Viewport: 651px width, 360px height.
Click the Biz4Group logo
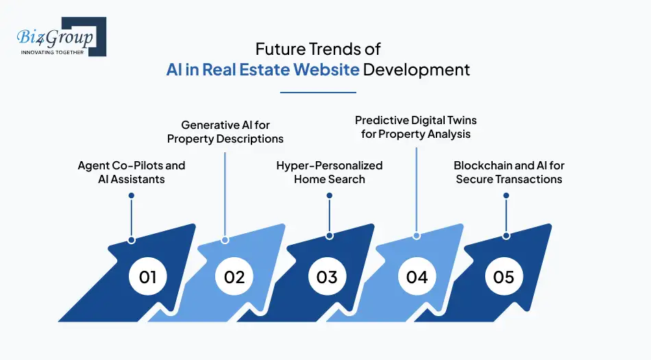(57, 36)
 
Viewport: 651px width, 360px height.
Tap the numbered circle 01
(148, 277)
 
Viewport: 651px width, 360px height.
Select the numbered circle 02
(234, 277)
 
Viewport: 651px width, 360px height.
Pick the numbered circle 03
(327, 277)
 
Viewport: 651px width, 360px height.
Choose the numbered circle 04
(417, 277)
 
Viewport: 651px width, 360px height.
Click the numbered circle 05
(504, 277)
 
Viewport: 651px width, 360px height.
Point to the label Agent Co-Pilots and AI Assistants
(132, 172)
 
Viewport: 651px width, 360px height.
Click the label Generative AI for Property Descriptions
(225, 132)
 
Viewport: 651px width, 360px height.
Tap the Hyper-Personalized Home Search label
(330, 172)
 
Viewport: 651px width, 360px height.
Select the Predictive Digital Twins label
(416, 127)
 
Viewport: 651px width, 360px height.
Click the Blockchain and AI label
(509, 172)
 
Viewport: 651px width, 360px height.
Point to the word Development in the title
(417, 70)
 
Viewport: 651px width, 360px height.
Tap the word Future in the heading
(276, 49)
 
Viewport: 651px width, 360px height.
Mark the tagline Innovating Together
(52, 52)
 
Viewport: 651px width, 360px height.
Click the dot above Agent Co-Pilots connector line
(132, 195)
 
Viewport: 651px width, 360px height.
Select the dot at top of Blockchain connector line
(506, 195)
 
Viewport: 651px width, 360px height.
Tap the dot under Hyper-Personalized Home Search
(330, 195)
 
